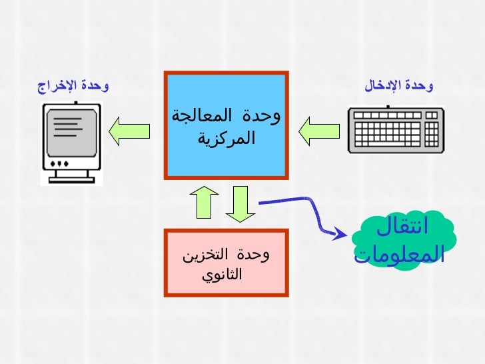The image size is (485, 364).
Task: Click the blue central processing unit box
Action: pos(227,126)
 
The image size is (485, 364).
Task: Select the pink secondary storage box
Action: pos(227,263)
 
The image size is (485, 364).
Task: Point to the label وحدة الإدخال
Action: pos(398,85)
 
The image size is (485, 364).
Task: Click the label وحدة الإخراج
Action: pos(73,85)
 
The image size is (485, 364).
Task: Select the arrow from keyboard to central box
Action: pos(318,131)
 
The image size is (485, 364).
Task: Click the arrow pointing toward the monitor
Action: pos(129,131)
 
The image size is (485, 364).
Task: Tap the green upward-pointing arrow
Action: pos(205,201)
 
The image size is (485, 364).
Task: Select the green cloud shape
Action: pos(402,240)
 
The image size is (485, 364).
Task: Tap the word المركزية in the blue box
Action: pos(227,139)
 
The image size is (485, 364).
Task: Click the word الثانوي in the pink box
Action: pos(224,274)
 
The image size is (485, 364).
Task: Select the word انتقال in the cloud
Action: pos(403,226)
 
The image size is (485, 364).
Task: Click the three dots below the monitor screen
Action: pos(59,163)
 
